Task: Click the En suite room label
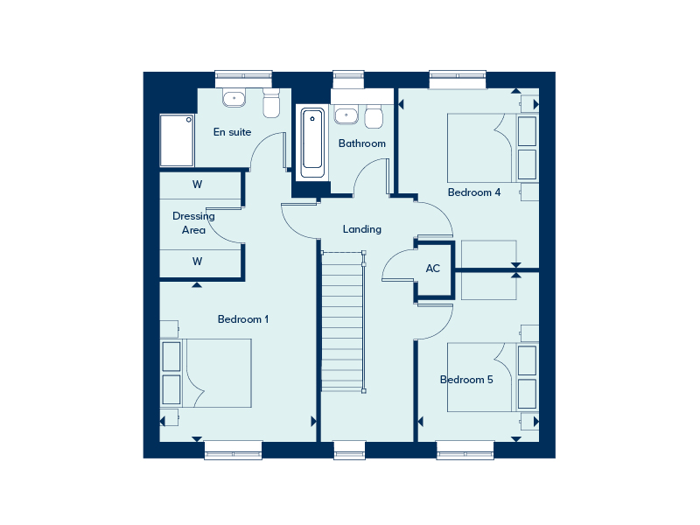[x=232, y=132]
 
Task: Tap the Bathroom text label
[x=362, y=143]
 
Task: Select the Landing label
[x=362, y=229]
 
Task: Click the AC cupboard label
[x=433, y=269]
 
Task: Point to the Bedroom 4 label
[x=474, y=192]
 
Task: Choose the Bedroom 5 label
[x=466, y=380]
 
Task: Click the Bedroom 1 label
[x=243, y=319]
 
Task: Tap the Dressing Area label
[x=193, y=223]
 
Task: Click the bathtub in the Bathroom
[x=312, y=143]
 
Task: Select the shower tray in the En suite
[x=177, y=140]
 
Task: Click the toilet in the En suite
[x=271, y=103]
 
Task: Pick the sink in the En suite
[x=234, y=98]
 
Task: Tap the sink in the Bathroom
[x=346, y=115]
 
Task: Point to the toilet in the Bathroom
[x=374, y=116]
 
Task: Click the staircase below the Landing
[x=343, y=321]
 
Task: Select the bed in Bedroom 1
[x=206, y=373]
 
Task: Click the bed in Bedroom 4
[x=493, y=148]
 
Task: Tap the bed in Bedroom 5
[x=493, y=377]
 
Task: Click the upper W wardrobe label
[x=198, y=185]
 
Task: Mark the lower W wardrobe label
[x=198, y=262]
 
